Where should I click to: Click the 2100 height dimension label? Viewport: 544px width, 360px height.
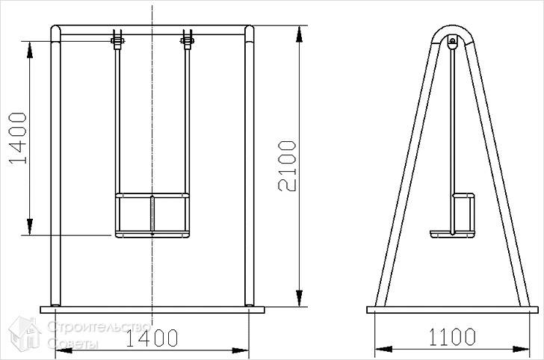(x=288, y=166)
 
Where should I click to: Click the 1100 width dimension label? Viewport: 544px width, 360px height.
(x=452, y=337)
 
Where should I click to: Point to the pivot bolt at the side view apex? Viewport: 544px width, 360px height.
(x=452, y=41)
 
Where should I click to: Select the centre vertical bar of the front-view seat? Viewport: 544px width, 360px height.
(x=152, y=215)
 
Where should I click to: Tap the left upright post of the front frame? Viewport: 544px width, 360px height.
(x=55, y=166)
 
